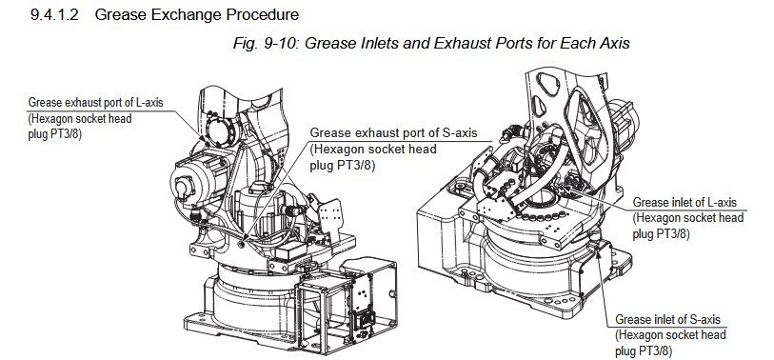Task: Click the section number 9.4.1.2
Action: click(x=54, y=15)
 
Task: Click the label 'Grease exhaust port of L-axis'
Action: click(x=95, y=103)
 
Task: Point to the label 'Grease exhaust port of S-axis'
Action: click(x=393, y=132)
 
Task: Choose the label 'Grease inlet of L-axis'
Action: click(x=685, y=203)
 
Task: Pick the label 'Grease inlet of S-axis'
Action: click(x=667, y=319)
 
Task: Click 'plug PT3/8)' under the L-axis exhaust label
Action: click(x=54, y=134)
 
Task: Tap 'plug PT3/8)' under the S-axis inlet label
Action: click(x=644, y=351)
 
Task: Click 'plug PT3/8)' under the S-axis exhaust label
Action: click(x=342, y=166)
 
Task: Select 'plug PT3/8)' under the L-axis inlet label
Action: click(x=661, y=233)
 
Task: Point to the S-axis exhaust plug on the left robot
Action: click(x=240, y=244)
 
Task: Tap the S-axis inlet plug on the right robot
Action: click(x=598, y=243)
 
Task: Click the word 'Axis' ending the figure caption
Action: click(x=613, y=43)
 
